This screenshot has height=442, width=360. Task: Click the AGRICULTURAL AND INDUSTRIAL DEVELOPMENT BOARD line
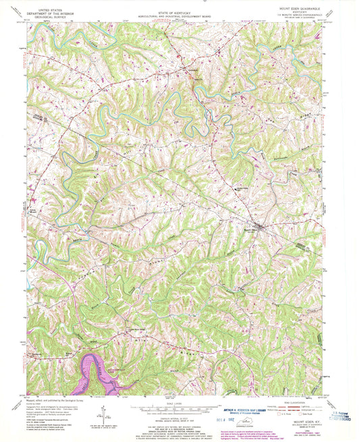180,17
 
